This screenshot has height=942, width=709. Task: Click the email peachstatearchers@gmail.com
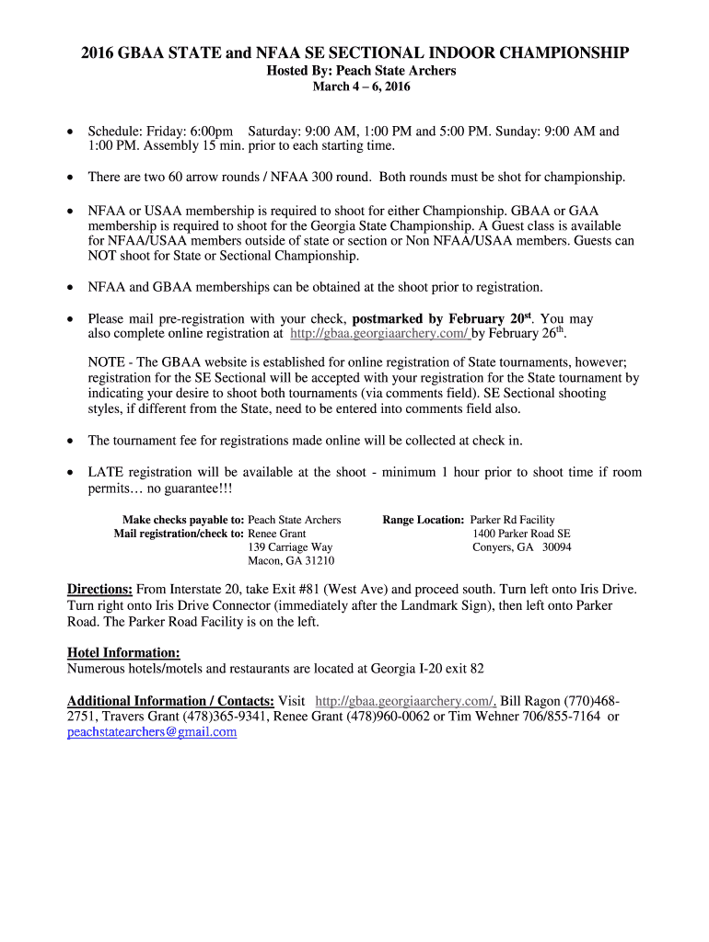(152, 732)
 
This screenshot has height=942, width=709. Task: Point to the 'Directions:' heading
(100, 589)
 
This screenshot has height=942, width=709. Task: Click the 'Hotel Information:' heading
(123, 652)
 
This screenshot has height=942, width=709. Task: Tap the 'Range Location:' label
(424, 520)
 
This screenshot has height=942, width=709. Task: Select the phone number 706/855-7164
(559, 717)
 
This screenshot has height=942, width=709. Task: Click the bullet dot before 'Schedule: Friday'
(70, 132)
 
